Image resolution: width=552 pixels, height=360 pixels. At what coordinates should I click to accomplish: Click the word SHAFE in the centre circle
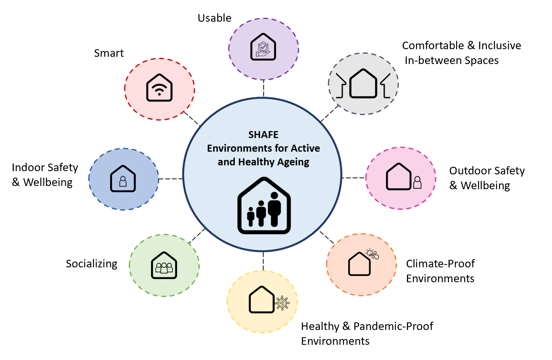click(x=263, y=135)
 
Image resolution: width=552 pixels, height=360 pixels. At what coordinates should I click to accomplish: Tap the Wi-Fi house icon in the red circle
click(x=159, y=88)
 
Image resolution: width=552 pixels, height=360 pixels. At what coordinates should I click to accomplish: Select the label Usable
click(x=215, y=18)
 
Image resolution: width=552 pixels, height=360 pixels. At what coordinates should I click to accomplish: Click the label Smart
click(x=109, y=53)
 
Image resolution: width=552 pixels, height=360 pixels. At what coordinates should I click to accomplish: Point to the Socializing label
click(x=92, y=264)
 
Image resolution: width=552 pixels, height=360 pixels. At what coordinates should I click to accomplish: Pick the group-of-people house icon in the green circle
click(x=164, y=265)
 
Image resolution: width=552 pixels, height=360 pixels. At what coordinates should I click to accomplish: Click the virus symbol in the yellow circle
click(x=282, y=303)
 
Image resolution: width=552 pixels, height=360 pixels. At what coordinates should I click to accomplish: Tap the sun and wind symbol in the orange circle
click(x=372, y=254)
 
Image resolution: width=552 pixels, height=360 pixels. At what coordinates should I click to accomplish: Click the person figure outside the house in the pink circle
click(x=417, y=182)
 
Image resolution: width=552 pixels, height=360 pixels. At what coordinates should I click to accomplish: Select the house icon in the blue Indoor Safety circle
click(x=123, y=178)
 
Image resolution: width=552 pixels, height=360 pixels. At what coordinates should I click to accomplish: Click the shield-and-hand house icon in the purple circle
click(x=263, y=47)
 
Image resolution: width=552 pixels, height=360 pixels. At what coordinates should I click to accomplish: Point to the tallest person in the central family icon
click(x=274, y=209)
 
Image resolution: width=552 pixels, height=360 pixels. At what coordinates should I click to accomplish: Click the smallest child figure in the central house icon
click(x=251, y=217)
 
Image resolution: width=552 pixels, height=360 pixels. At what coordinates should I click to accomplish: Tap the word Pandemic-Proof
click(x=393, y=326)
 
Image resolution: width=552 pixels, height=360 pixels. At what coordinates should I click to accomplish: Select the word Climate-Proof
click(x=440, y=264)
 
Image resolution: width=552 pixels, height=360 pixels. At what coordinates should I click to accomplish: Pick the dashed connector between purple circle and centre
click(x=263, y=88)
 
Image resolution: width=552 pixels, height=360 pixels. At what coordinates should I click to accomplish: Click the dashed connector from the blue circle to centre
click(x=170, y=179)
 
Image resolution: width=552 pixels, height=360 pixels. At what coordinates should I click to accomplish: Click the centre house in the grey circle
click(x=363, y=84)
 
